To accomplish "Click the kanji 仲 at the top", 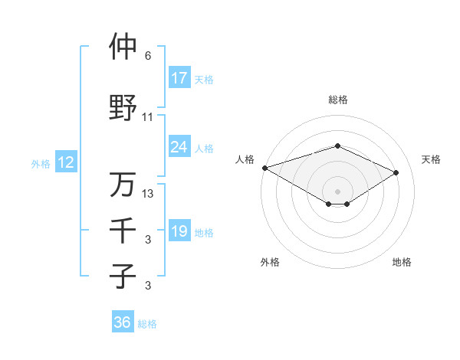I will (x=123, y=47).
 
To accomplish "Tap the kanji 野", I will (x=123, y=108).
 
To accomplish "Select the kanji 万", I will (x=123, y=185).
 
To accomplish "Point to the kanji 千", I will (x=123, y=230).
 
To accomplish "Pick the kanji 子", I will (x=123, y=276).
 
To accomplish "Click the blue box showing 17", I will (x=179, y=77).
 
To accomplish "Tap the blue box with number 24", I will (x=179, y=147).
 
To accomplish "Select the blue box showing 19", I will (x=179, y=231).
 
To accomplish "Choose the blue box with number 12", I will (x=65, y=162).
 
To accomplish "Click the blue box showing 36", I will (x=122, y=322).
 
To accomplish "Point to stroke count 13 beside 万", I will (x=149, y=194).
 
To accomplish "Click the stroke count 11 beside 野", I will (x=148, y=117).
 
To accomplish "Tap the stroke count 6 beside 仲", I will (x=148, y=56).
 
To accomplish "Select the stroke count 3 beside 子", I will (x=148, y=286).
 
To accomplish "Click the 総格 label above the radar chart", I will (x=337, y=100).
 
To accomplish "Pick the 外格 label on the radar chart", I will (x=270, y=262).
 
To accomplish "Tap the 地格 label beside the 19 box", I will (x=204, y=232).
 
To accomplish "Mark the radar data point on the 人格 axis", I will (x=264, y=168).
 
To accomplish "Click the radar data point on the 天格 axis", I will (x=396, y=172).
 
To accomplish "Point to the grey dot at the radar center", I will (x=337, y=190).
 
